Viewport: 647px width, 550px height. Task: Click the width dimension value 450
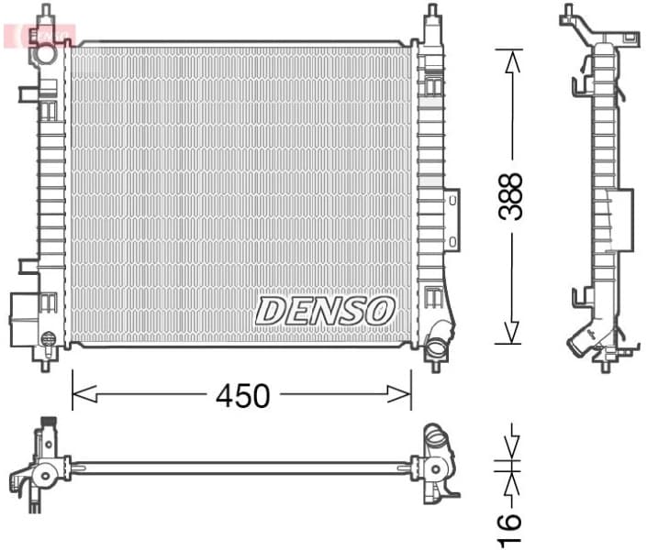(x=242, y=395)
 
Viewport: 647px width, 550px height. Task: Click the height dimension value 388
(x=510, y=196)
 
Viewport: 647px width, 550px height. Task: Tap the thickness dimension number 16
(x=510, y=522)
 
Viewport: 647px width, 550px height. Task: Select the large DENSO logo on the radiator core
(x=325, y=310)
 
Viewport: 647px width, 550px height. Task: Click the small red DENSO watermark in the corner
(x=41, y=34)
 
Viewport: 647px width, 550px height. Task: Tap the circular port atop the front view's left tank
(x=42, y=53)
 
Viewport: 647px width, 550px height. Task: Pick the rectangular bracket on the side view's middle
(x=620, y=219)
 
